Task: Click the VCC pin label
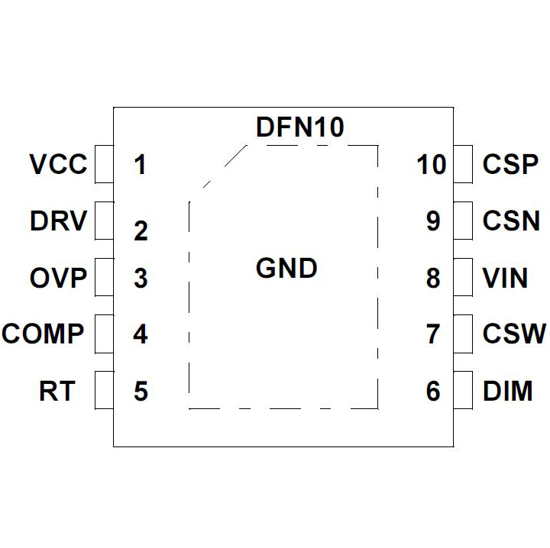58,165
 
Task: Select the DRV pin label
58,221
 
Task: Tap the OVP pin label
58,278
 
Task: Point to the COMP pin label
43,334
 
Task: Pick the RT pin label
58,391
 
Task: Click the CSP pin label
511,165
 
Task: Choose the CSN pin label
511,221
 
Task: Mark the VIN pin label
505,278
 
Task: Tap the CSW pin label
514,334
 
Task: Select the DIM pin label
507,391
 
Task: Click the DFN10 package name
300,127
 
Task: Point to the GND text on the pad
286,269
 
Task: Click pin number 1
139,165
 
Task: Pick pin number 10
432,165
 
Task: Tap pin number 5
140,391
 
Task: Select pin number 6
433,391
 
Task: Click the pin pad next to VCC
104,165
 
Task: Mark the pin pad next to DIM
462,391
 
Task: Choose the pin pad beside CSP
462,165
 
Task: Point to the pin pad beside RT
104,391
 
